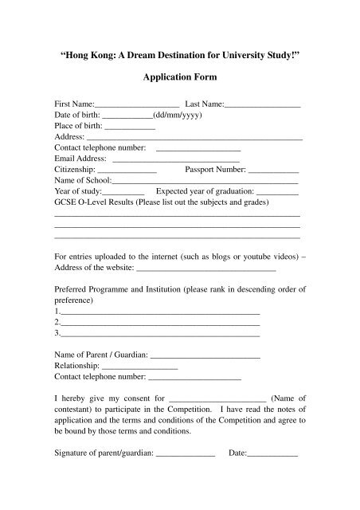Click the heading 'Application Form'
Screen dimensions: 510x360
179,80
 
